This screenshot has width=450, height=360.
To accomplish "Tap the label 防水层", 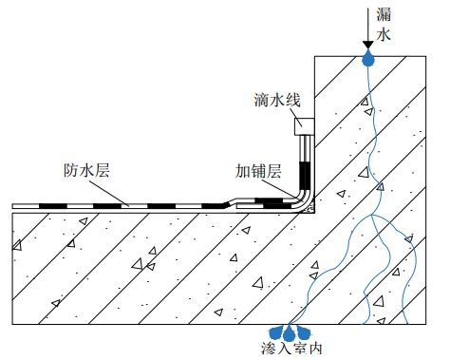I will tap(86, 171).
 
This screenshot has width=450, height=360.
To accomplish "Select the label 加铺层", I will tap(259, 171).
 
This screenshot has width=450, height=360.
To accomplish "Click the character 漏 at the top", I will tap(384, 12).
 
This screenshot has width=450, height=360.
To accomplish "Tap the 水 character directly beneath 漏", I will tap(384, 35).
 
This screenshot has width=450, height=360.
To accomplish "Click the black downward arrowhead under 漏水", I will tap(368, 45).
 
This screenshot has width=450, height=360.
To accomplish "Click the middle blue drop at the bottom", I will tap(291, 332).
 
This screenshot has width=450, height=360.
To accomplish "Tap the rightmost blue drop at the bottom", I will tap(307, 332).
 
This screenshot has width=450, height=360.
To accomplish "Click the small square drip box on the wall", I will tap(304, 124).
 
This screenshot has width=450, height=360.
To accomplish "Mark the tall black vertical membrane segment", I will tap(305, 177).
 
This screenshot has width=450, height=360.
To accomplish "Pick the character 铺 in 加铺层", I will tap(259, 171).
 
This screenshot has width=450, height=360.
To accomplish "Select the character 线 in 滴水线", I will tap(293, 100).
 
